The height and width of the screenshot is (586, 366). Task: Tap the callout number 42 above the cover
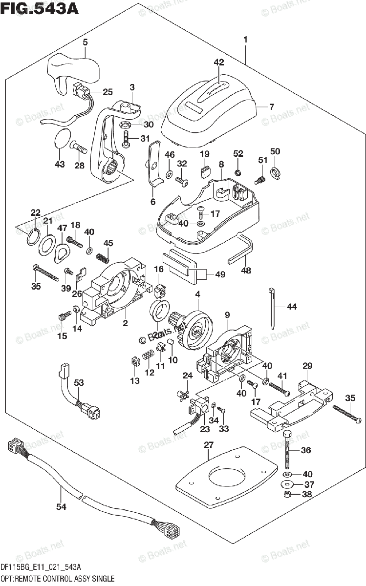coord(218,62)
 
